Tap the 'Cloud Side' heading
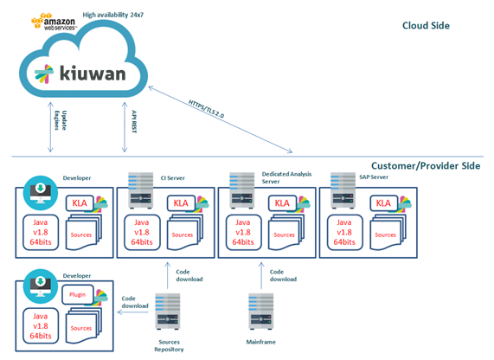coord(426,26)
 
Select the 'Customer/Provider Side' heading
coord(425,165)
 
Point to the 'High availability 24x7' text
coord(120,16)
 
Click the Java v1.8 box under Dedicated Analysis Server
coord(243,232)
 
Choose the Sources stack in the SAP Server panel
coord(385,235)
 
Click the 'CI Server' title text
coord(173,178)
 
